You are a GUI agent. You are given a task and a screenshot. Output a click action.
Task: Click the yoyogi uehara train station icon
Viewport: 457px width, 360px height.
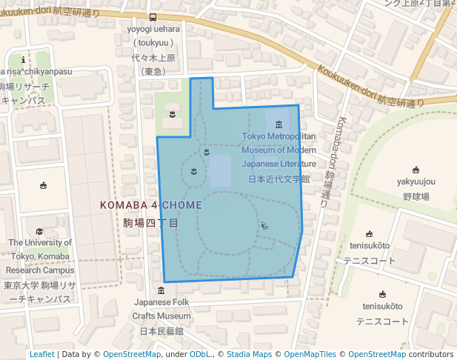click(x=153, y=17)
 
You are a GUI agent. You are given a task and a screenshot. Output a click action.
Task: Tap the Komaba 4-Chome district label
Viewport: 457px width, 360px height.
click(x=150, y=204)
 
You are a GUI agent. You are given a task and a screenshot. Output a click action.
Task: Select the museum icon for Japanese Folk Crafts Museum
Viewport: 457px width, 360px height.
click(x=161, y=290)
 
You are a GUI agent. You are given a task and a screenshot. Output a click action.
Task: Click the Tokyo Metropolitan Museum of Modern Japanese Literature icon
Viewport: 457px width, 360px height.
click(x=278, y=124)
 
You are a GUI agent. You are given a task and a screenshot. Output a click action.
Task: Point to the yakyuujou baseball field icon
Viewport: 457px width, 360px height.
click(x=416, y=170)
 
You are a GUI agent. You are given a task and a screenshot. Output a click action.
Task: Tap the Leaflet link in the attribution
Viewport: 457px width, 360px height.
click(x=42, y=354)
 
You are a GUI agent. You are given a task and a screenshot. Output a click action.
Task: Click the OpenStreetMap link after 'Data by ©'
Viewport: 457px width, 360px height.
click(x=132, y=354)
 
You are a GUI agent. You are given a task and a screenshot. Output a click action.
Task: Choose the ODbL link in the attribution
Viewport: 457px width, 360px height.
click(x=200, y=354)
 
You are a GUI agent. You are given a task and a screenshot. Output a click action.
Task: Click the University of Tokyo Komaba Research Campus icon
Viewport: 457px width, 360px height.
click(x=39, y=232)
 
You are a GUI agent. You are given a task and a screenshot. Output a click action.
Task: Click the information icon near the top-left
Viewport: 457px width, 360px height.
click(x=24, y=60)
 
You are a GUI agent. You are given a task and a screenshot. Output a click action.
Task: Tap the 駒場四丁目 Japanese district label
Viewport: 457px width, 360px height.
click(x=150, y=222)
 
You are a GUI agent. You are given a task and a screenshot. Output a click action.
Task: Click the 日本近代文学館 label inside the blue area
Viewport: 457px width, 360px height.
click(x=278, y=179)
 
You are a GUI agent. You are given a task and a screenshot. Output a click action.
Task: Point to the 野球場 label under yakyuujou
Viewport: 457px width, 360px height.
click(x=416, y=196)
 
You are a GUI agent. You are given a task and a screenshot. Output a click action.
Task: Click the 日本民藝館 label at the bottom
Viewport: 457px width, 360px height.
click(x=161, y=330)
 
